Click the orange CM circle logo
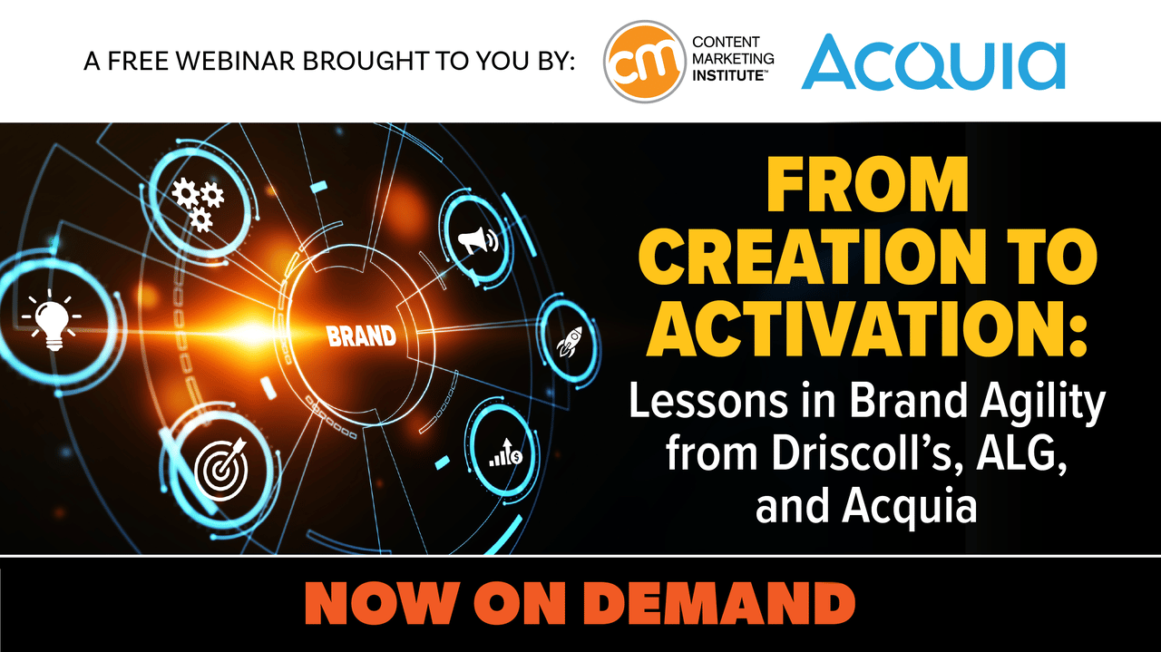(x=644, y=61)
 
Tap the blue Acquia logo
(x=933, y=63)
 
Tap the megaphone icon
(x=477, y=241)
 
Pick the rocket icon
(x=569, y=342)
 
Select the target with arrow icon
(x=221, y=469)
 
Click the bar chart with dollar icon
(x=506, y=452)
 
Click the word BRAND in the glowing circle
(x=361, y=336)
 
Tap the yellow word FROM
(x=867, y=184)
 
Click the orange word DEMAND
(x=721, y=604)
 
